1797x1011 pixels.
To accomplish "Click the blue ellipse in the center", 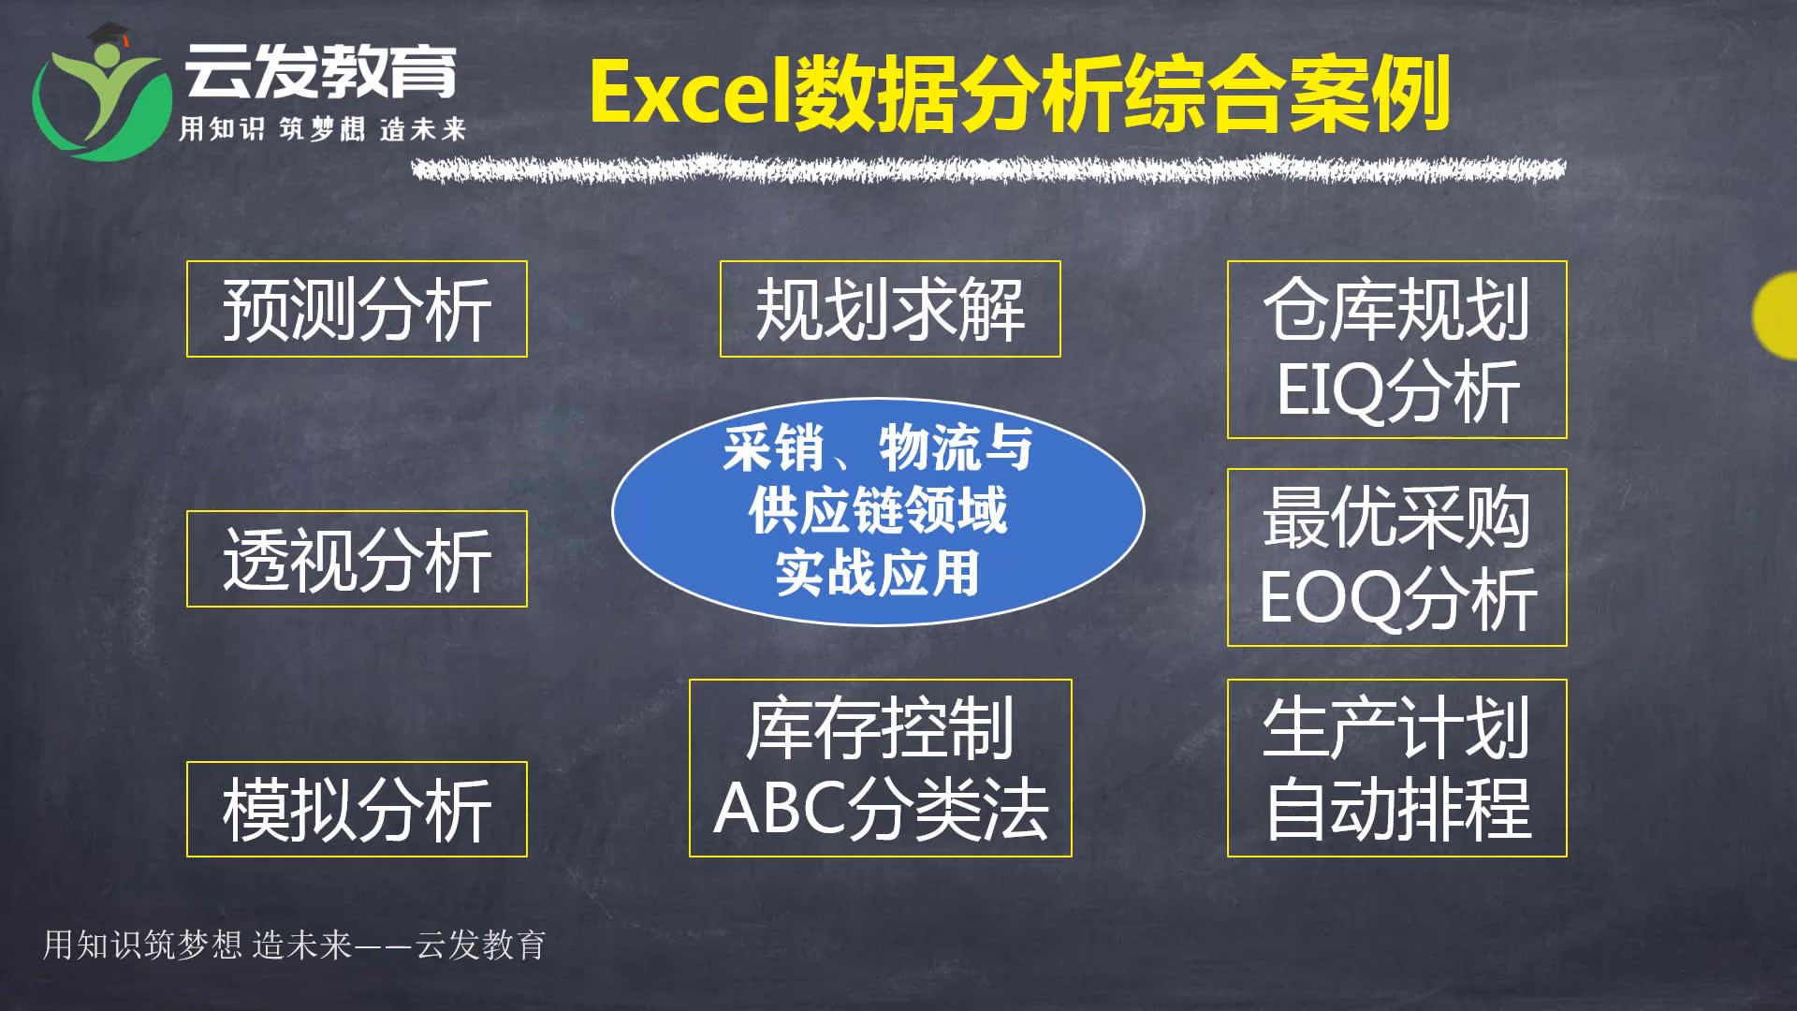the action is click(x=878, y=511).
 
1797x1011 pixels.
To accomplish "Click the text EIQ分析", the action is click(x=1398, y=390).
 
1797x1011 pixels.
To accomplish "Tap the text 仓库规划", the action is click(x=1396, y=309).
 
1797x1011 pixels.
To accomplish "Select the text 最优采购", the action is click(x=1396, y=517).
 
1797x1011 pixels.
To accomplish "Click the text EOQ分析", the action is click(x=1398, y=598).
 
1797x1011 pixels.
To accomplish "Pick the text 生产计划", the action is click(x=1396, y=727).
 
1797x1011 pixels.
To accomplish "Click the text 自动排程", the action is click(x=1398, y=809).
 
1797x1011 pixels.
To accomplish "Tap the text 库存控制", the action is click(x=880, y=727).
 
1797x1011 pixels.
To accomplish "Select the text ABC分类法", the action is click(x=881, y=809).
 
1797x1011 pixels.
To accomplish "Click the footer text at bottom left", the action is click(x=294, y=945).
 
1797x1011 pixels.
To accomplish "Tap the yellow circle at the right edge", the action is click(x=1776, y=316).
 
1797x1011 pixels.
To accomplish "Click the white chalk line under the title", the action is click(x=988, y=169).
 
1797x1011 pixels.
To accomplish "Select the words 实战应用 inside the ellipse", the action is click(x=878, y=573).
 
